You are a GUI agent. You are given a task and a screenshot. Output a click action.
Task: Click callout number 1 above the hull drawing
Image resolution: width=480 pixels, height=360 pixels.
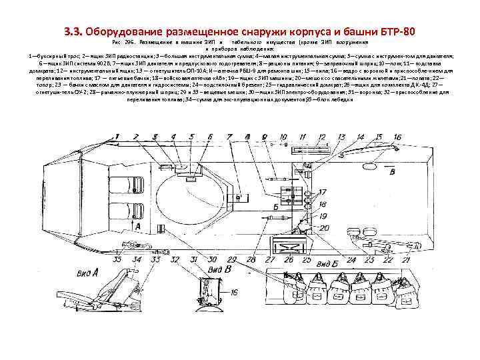tap(117, 137)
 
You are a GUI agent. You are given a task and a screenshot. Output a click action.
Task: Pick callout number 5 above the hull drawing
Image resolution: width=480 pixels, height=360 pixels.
tap(191, 137)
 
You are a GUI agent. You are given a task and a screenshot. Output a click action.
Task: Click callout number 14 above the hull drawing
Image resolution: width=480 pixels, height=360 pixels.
tap(361, 137)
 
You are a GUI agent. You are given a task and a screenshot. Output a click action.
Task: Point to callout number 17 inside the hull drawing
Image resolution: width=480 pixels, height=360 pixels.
tap(323, 193)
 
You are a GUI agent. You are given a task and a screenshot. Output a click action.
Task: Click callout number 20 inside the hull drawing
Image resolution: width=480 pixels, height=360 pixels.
tap(323, 227)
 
